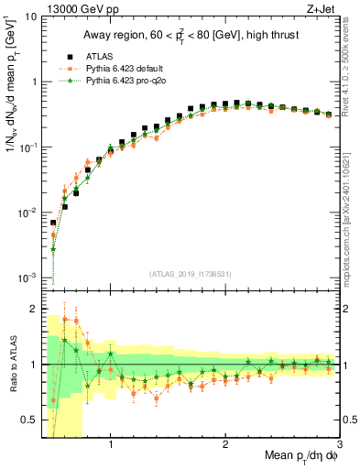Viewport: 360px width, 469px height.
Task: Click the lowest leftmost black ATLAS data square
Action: point(53,223)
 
